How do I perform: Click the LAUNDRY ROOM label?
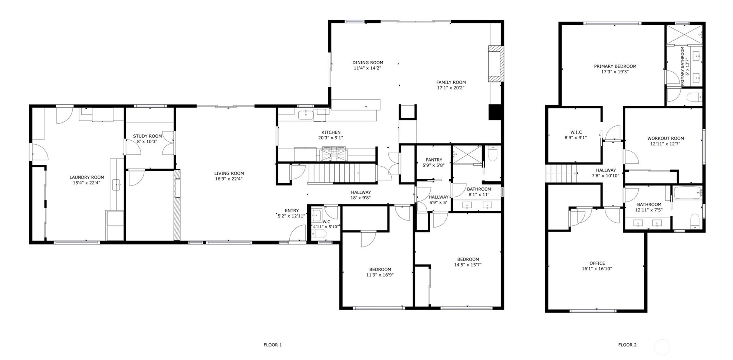click(87, 177)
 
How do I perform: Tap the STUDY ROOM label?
click(147, 136)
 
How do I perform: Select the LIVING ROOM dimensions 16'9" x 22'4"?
click(229, 179)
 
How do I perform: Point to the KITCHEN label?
click(331, 132)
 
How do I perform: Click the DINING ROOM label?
click(368, 63)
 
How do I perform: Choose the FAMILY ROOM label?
click(451, 82)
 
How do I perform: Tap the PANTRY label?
click(434, 160)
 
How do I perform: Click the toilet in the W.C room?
click(319, 233)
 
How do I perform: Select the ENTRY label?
click(292, 211)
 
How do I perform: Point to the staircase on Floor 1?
click(334, 173)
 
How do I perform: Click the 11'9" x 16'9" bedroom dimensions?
click(380, 275)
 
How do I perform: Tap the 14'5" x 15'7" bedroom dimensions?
click(468, 265)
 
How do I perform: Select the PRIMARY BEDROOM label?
click(615, 66)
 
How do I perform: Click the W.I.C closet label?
click(576, 132)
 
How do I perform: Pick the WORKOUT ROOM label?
click(665, 138)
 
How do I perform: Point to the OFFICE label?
click(597, 263)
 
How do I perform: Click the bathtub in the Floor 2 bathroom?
click(687, 193)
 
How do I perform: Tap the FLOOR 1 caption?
click(273, 345)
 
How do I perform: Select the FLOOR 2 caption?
click(627, 345)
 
